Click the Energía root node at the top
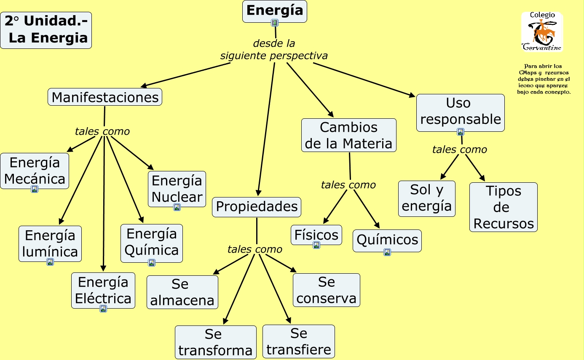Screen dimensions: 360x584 pos(274,10)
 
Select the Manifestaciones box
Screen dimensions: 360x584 pos(105,97)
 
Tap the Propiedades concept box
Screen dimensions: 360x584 pos(257,207)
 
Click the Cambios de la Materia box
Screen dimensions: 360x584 pos(348,135)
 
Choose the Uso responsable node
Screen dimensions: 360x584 pos(460,111)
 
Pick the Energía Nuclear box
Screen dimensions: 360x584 pos(177,188)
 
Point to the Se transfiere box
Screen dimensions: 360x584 pos(299,341)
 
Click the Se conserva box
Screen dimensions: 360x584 pos(327,290)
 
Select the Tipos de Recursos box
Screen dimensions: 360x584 pos(504,207)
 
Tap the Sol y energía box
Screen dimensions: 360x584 pos(426,198)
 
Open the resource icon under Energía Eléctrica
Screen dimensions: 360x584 pos(103,309)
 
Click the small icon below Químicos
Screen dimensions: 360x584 pos(387,252)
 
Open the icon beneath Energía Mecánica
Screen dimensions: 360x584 pos(35,189)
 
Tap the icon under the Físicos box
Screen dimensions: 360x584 pos(316,245)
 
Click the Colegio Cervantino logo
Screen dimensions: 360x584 pos(542,32)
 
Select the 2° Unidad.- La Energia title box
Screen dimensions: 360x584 pos(46,30)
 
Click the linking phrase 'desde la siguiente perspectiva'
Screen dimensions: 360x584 pos(274,50)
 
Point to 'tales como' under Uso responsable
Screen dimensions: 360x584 pos(459,149)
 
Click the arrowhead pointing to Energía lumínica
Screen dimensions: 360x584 pos(61,222)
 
